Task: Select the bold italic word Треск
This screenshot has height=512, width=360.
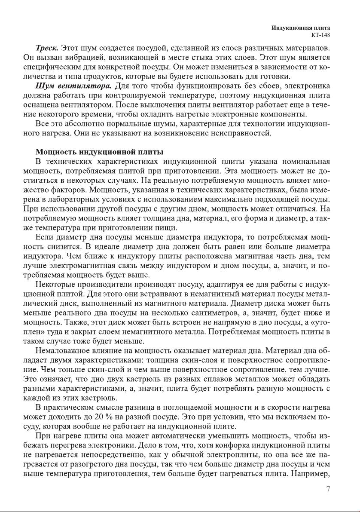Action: coord(47,47)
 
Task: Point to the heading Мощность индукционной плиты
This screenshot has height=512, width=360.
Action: coord(99,152)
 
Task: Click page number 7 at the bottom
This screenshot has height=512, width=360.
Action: coord(328,489)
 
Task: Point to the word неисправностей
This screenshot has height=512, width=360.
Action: coord(241,133)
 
